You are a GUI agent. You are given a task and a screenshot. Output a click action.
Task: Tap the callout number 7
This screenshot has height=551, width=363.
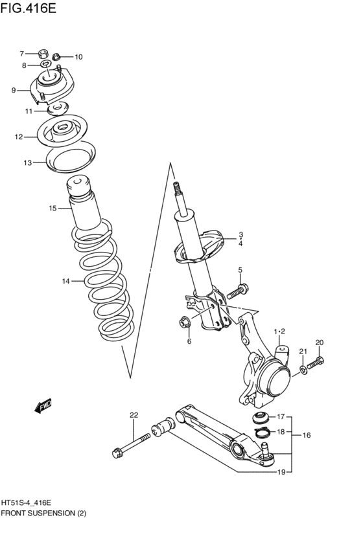click(21, 54)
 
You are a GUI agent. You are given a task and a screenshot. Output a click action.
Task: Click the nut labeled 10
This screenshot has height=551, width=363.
click(58, 57)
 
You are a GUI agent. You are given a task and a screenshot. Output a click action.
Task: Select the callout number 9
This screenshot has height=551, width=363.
click(13, 91)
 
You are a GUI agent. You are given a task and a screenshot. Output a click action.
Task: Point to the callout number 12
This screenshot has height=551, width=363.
click(19, 137)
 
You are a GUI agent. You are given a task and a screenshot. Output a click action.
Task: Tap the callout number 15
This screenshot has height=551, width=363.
click(52, 208)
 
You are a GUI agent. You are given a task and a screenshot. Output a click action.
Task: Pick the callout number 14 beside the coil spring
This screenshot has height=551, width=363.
click(65, 281)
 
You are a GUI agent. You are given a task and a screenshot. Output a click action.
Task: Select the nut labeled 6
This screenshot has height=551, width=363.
click(184, 320)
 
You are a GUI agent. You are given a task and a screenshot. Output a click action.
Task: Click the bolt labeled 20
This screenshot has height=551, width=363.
click(316, 364)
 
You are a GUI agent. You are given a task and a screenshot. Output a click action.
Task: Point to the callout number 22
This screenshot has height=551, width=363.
click(134, 415)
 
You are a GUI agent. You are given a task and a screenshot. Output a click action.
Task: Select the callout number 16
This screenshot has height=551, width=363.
click(307, 435)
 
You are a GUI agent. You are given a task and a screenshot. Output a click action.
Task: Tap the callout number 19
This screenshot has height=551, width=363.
click(281, 472)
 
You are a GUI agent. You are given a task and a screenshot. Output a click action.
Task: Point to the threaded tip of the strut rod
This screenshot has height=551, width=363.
click(176, 190)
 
